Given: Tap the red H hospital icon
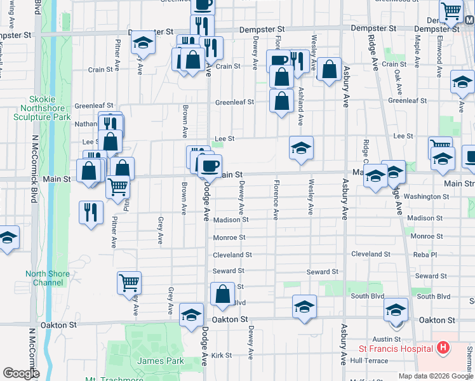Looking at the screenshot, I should tap(443, 348).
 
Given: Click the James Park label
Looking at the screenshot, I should tap(161, 361).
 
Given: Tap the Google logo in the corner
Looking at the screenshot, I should tap(21, 373).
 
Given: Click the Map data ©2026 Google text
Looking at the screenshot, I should tap(436, 376).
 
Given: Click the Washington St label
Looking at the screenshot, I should tap(427, 197).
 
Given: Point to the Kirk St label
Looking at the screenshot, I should tap(222, 355).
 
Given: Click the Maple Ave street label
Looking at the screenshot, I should tap(417, 51).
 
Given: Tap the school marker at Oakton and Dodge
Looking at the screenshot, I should tap(191, 315).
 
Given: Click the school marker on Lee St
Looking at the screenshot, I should tap(302, 148).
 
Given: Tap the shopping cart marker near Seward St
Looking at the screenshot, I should tap(129, 283).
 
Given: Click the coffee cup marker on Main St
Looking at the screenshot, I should tap(210, 166).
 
